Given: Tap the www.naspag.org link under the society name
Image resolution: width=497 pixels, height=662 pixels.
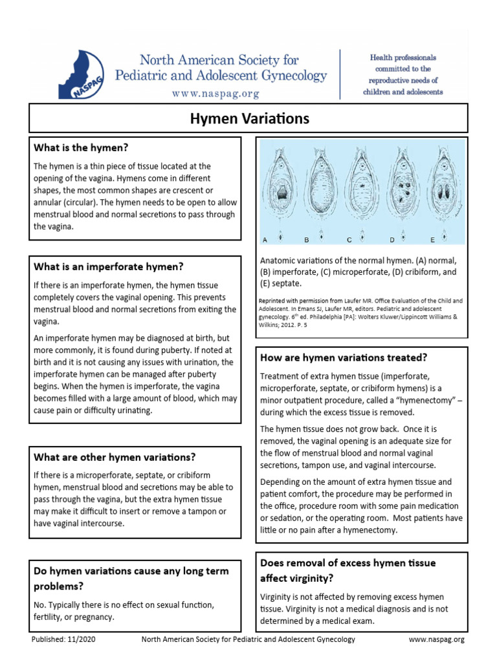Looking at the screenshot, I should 215,93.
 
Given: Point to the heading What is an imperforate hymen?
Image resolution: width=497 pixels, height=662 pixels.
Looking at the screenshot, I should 109,266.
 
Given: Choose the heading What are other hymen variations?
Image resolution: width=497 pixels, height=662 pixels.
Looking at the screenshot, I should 115,456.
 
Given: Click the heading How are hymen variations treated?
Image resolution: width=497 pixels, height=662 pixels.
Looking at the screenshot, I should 344,358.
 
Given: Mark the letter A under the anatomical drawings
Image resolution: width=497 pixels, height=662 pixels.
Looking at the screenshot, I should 265,240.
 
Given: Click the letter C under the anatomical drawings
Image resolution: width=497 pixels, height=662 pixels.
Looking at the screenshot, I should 349,240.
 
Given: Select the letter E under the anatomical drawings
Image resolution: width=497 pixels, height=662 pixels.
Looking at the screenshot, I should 432,240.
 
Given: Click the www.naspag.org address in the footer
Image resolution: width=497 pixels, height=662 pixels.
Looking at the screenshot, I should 437,639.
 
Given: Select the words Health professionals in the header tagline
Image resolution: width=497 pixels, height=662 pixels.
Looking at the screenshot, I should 403,58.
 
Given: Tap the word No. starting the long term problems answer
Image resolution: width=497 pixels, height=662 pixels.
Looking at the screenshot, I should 40,605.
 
